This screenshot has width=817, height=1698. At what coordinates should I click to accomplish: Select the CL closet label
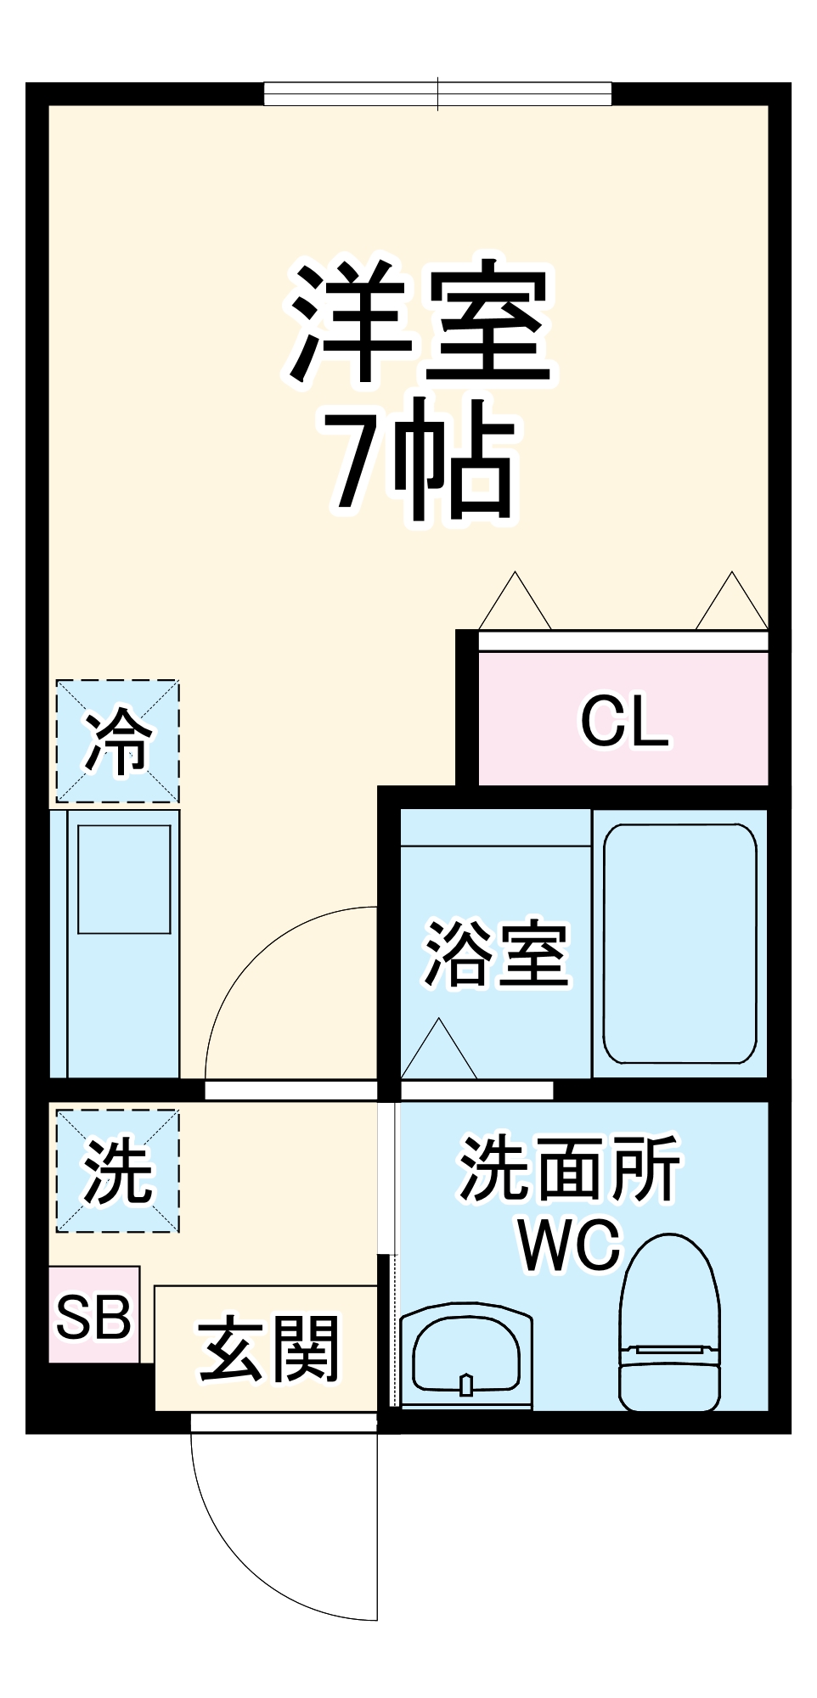click(624, 722)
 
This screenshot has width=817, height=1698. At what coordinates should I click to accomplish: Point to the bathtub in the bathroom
click(680, 943)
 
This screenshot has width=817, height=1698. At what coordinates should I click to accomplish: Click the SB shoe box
click(93, 1317)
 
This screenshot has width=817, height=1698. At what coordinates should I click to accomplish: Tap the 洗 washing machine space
click(117, 1171)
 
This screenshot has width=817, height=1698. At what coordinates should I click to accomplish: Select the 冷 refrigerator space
click(117, 741)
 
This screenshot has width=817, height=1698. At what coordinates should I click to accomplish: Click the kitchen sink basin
click(124, 880)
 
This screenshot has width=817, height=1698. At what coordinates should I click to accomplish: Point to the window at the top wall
click(437, 93)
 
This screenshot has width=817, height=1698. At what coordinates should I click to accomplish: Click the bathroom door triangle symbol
click(438, 1053)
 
